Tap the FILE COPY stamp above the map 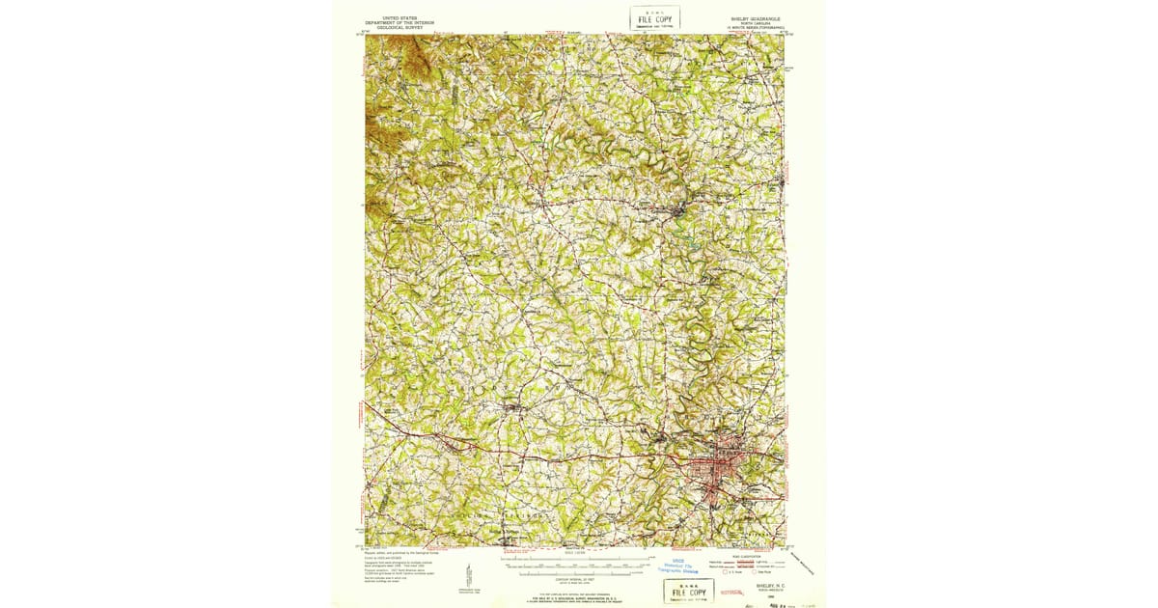[x=655, y=18]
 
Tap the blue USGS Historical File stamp [x=683, y=566]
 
